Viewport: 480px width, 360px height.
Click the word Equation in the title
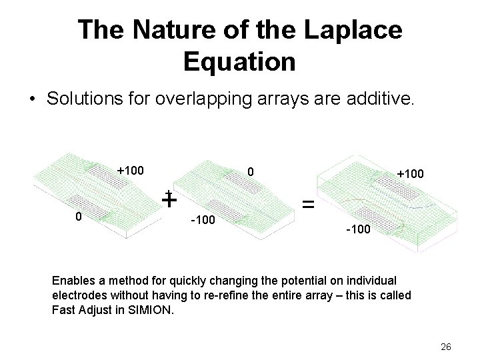[x=239, y=62]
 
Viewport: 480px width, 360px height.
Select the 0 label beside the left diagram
[x=79, y=216]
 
